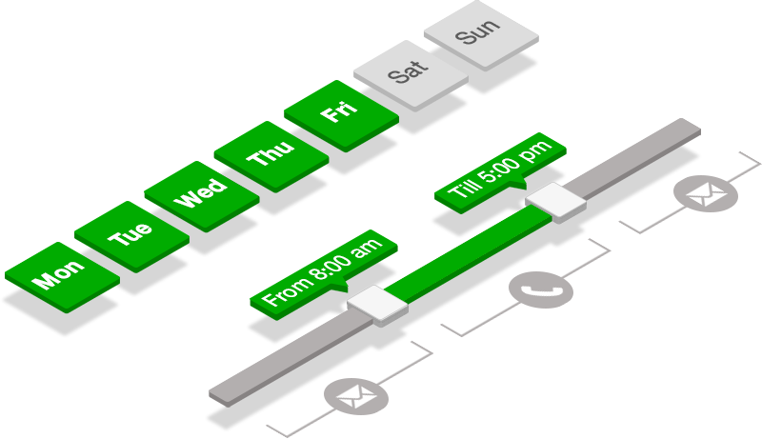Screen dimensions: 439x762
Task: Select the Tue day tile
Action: [130, 234]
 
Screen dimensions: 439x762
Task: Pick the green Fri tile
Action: [339, 113]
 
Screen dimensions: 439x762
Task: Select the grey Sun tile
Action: [478, 34]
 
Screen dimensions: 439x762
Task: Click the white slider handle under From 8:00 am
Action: [377, 307]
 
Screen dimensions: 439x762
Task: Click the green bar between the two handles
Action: [467, 255]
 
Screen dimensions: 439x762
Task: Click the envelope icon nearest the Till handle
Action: [706, 195]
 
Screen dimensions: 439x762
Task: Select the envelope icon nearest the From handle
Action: [356, 395]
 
